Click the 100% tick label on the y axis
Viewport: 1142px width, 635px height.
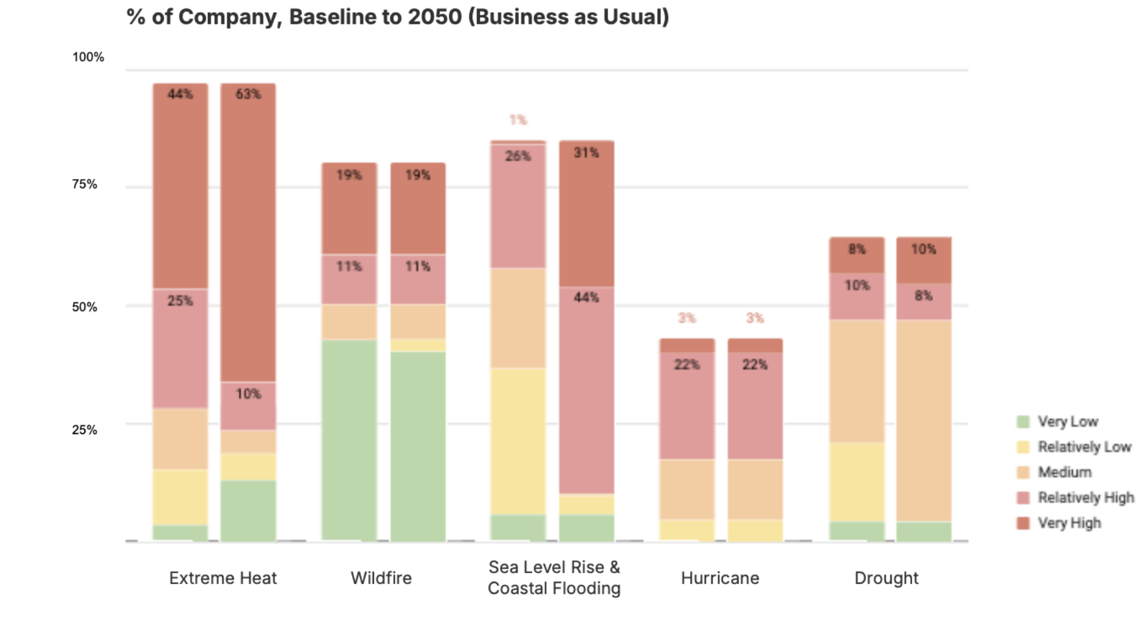[88, 57]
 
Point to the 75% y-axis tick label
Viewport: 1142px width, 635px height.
[85, 185]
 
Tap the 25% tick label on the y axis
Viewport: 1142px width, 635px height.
[85, 430]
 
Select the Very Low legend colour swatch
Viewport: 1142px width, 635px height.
[1023, 422]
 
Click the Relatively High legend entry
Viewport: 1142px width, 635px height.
[1085, 498]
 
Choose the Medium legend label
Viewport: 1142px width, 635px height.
[1065, 473]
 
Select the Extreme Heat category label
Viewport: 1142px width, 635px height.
[223, 578]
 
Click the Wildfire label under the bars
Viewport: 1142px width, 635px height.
[381, 578]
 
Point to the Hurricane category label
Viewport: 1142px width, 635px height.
[720, 578]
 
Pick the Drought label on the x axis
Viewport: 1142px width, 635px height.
[886, 578]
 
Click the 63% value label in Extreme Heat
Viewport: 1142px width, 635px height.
[248, 95]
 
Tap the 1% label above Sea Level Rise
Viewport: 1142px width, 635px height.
[518, 120]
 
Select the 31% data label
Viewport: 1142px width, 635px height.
[586, 153]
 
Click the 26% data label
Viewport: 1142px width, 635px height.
[518, 156]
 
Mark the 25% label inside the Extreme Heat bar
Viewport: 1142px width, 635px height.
[180, 301]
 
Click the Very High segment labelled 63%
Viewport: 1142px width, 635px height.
[248, 232]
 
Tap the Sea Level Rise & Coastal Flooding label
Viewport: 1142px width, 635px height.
[554, 578]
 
